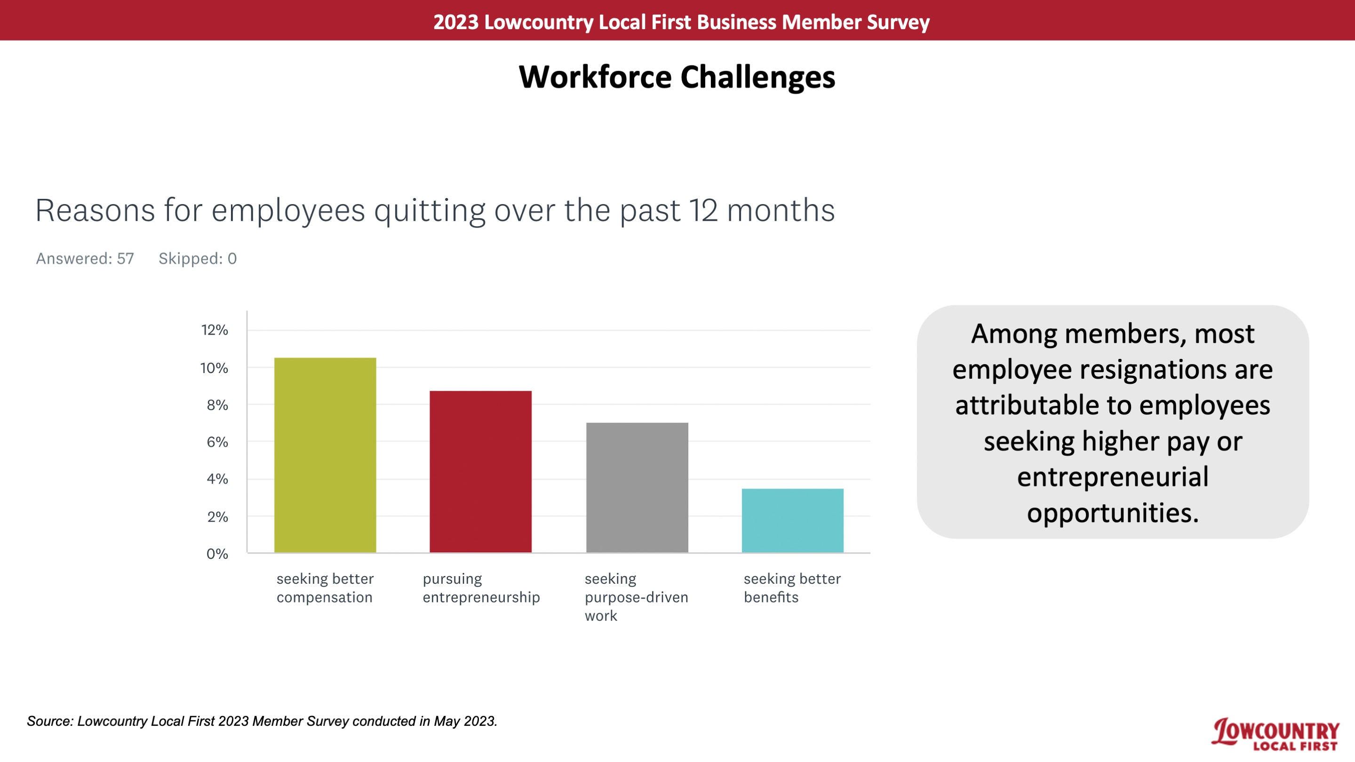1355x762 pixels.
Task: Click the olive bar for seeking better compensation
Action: (x=325, y=455)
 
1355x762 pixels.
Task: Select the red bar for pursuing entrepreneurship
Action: (x=481, y=472)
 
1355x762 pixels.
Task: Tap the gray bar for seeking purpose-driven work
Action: (x=637, y=487)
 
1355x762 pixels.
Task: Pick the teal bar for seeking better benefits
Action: (x=793, y=521)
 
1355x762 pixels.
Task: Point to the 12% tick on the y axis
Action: (x=215, y=330)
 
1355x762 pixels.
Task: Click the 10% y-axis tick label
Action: (x=214, y=368)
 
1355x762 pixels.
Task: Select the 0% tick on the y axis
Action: (x=217, y=554)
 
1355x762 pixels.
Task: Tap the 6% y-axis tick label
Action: (x=217, y=442)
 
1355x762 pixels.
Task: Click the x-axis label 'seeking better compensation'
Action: (x=325, y=588)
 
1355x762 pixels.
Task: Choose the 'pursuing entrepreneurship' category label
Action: (x=481, y=588)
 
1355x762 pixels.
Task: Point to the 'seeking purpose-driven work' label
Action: (x=637, y=597)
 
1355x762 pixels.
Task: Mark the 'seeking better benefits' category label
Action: (x=792, y=588)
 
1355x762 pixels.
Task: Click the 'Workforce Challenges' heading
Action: (x=677, y=77)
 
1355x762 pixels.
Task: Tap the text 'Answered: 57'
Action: (x=85, y=259)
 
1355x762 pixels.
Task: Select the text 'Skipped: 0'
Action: (x=198, y=259)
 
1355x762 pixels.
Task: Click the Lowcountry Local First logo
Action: (x=1275, y=734)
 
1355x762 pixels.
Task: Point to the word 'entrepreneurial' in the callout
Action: (x=1113, y=477)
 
